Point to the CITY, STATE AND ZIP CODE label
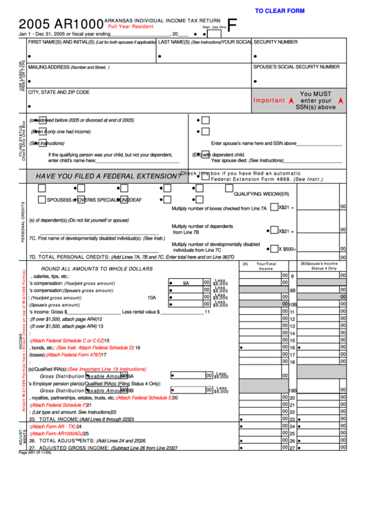tap(59, 92)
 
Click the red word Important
tap(269, 100)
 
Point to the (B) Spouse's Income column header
tap(318, 266)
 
